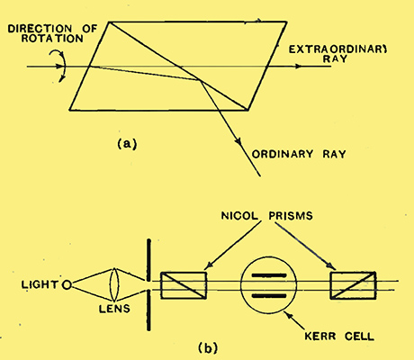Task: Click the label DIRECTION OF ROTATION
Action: pos(52,33)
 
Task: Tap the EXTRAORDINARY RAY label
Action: pos(337,54)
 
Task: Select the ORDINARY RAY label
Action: pos(299,154)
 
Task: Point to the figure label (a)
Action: pos(127,144)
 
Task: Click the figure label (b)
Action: pos(208,348)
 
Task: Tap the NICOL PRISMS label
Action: pos(266,216)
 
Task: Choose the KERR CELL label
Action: pos(339,337)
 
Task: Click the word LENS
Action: pos(114,309)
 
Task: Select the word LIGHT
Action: pos(40,284)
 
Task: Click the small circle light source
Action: pos(67,284)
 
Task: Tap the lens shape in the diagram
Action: pos(114,284)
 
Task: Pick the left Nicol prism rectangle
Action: pos(184,285)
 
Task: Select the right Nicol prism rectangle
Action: pos(353,285)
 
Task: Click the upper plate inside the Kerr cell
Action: pos(269,275)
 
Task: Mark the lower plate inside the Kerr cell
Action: pos(269,296)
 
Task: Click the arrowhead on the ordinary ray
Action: pos(238,140)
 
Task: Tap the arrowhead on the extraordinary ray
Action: pos(298,67)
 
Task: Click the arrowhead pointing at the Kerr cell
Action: pos(288,315)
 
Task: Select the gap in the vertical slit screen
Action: pos(148,285)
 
